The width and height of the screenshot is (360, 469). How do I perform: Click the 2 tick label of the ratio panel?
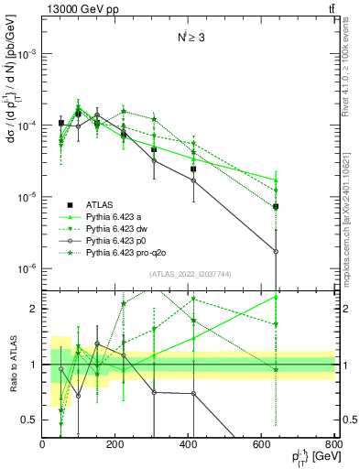coord(34,309)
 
